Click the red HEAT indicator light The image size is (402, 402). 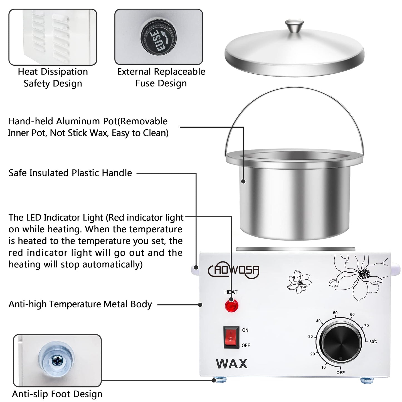231,305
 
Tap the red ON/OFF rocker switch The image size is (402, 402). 231,337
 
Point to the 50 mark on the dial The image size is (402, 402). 335,313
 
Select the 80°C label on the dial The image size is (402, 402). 373,342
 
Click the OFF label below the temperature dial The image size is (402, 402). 340,373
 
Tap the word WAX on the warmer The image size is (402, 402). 231,364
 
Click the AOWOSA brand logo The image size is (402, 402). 234,270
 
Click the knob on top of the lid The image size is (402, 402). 294,26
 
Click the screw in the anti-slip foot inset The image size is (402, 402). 57,361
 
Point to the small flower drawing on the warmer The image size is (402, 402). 299,282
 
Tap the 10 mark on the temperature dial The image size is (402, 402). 323,367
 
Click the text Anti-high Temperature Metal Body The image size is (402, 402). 80,304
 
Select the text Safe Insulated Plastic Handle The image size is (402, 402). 70,173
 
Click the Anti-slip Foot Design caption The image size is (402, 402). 57,394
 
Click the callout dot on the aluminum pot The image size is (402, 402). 243,181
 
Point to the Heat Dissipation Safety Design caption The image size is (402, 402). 53,77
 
